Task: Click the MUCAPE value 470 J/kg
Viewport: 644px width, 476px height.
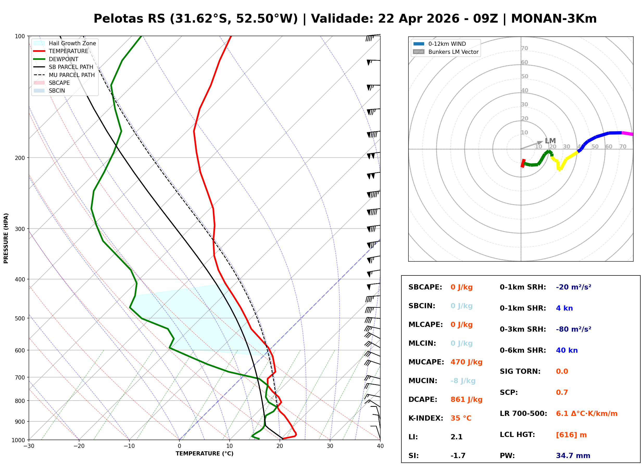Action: coord(466,362)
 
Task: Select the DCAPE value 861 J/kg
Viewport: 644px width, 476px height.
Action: coord(466,399)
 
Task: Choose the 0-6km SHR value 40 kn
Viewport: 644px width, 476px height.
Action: coord(567,350)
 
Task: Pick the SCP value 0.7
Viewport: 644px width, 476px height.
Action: coord(562,393)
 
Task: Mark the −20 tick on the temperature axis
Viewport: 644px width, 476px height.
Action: coord(79,446)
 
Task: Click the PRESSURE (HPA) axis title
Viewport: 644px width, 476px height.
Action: coord(6,238)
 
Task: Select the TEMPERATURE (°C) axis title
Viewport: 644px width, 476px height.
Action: coord(204,454)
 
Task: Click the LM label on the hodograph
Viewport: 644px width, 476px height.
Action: coord(550,141)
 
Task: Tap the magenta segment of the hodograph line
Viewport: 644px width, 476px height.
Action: coord(627,133)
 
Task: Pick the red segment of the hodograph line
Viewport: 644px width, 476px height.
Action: coord(523,163)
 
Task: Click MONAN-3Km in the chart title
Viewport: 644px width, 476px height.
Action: coord(553,19)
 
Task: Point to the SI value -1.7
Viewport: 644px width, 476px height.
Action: coord(458,455)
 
